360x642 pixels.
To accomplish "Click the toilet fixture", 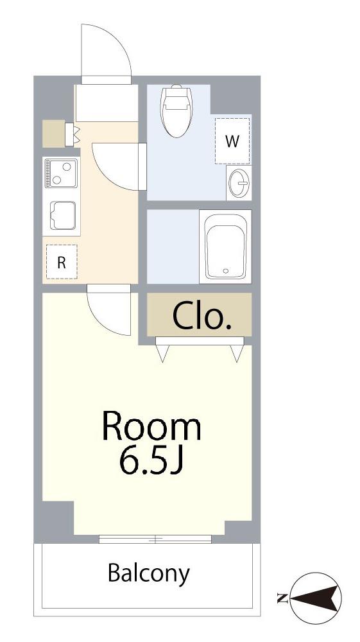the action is click(x=176, y=111).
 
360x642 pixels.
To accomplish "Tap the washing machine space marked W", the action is click(x=232, y=141).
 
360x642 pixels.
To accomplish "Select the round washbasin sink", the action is click(x=239, y=182).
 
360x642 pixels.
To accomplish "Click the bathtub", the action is click(x=225, y=247).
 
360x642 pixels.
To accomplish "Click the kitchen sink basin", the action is click(x=63, y=216).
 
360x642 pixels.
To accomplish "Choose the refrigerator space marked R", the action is click(x=62, y=262).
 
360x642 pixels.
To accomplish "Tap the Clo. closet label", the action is click(x=201, y=316).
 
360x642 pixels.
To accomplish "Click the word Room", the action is click(x=152, y=428).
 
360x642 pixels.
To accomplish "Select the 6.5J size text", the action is click(x=151, y=462).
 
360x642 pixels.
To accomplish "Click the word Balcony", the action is click(x=149, y=573).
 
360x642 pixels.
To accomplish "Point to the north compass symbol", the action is click(x=316, y=598).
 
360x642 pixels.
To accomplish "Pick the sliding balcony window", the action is click(x=155, y=539).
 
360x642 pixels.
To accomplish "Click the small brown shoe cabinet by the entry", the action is click(x=54, y=134).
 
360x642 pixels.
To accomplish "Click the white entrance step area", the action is click(x=106, y=103).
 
